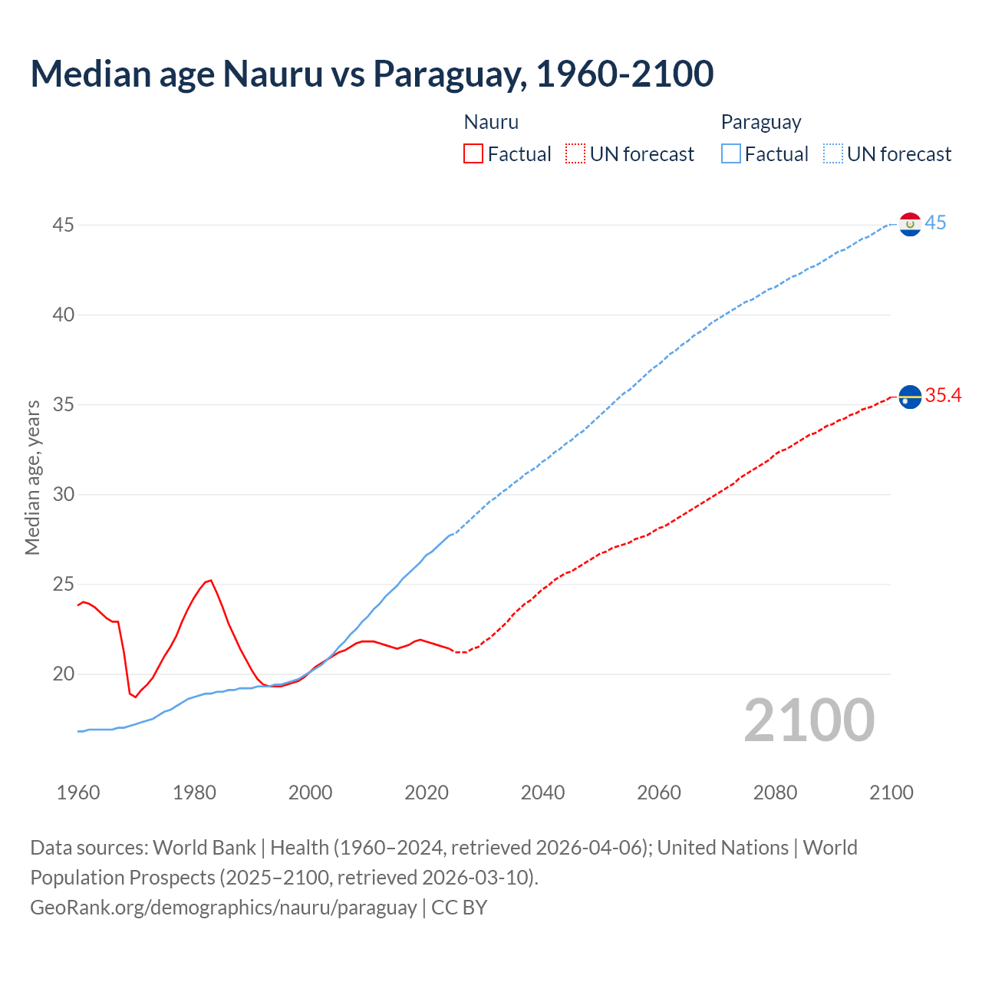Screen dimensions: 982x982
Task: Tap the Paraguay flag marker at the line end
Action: (x=910, y=224)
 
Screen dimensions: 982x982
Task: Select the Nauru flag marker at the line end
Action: (x=910, y=397)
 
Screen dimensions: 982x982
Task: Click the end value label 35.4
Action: (x=943, y=396)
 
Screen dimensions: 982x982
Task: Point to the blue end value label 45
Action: (x=935, y=223)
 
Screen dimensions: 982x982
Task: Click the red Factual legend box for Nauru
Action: (x=473, y=154)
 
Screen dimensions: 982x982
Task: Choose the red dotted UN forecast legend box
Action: (x=575, y=154)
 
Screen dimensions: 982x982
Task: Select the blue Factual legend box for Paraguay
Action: (x=730, y=154)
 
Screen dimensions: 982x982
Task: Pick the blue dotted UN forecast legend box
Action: (x=832, y=154)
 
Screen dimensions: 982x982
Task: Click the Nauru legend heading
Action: (x=491, y=122)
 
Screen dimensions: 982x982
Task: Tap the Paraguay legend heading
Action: (x=761, y=122)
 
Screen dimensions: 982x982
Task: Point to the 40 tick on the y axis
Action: (x=64, y=315)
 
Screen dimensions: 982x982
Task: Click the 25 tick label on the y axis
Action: (x=64, y=585)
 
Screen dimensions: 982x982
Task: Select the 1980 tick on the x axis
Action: (x=194, y=793)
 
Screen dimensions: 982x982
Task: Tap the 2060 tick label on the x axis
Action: (x=659, y=793)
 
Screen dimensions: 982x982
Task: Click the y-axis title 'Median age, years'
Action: (x=32, y=477)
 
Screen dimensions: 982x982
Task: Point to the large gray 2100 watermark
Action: (x=809, y=720)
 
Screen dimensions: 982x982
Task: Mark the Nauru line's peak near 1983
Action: (x=210, y=580)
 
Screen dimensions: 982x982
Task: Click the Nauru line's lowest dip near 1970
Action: (x=136, y=697)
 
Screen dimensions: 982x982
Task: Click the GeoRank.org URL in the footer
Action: (x=223, y=908)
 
